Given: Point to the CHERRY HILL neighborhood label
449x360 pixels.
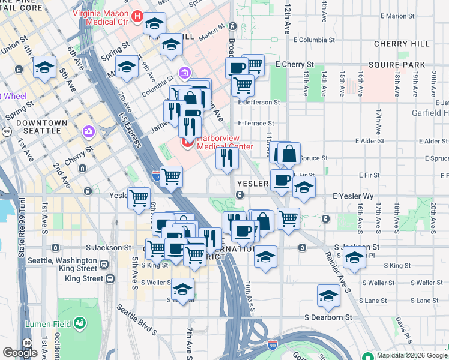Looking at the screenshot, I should tap(401, 44).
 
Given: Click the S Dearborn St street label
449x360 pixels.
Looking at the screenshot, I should tap(327, 317).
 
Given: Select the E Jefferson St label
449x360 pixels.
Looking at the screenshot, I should tap(259, 103).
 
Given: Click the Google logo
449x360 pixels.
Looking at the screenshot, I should tap(20, 353).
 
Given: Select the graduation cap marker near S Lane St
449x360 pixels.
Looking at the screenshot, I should tap(328, 296).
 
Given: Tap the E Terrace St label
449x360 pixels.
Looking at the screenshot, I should tap(259, 123).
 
